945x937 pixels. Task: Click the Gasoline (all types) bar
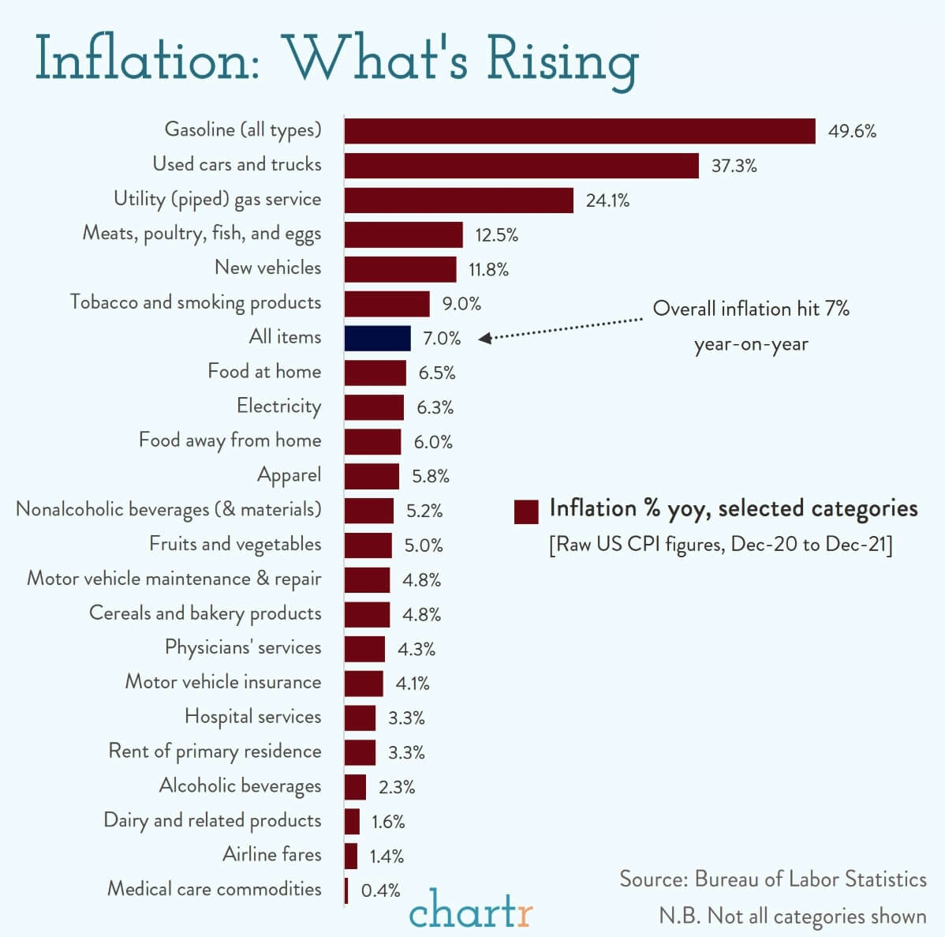point(580,131)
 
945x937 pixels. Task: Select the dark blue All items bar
point(377,338)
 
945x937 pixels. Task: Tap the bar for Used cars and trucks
point(521,166)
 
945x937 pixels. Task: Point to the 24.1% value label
point(607,201)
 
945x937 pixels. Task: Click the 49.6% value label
point(852,131)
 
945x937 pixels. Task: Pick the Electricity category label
point(278,407)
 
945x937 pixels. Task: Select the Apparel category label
point(289,475)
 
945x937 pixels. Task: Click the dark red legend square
point(525,512)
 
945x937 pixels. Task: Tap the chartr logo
point(471,910)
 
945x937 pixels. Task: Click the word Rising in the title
point(562,60)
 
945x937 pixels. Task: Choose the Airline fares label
point(271,854)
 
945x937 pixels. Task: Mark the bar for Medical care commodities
point(346,890)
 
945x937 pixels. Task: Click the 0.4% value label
point(381,890)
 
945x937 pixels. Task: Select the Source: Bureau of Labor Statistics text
point(773,879)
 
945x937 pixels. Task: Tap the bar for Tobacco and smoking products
point(387,304)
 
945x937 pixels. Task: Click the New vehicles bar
point(400,269)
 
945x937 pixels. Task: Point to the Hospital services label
point(252,717)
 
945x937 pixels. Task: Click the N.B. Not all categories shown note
point(793,916)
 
